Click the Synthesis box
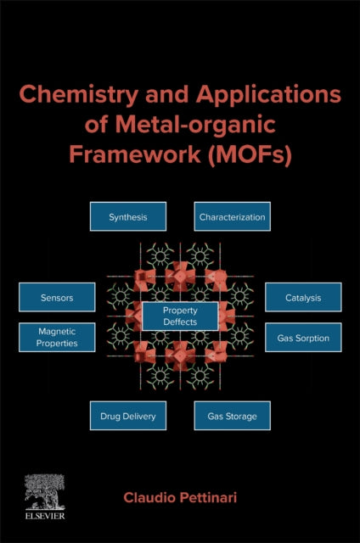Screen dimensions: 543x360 [128, 217]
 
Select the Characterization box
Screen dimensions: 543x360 [232, 217]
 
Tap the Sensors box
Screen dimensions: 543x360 [57, 298]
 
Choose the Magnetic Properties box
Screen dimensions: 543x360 [57, 338]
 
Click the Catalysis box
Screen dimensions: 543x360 [303, 298]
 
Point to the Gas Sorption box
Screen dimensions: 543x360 [303, 338]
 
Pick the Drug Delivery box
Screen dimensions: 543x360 [128, 417]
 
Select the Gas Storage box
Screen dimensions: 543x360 [232, 417]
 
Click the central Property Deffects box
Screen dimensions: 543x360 [179, 316]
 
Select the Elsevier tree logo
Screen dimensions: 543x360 [44, 490]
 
